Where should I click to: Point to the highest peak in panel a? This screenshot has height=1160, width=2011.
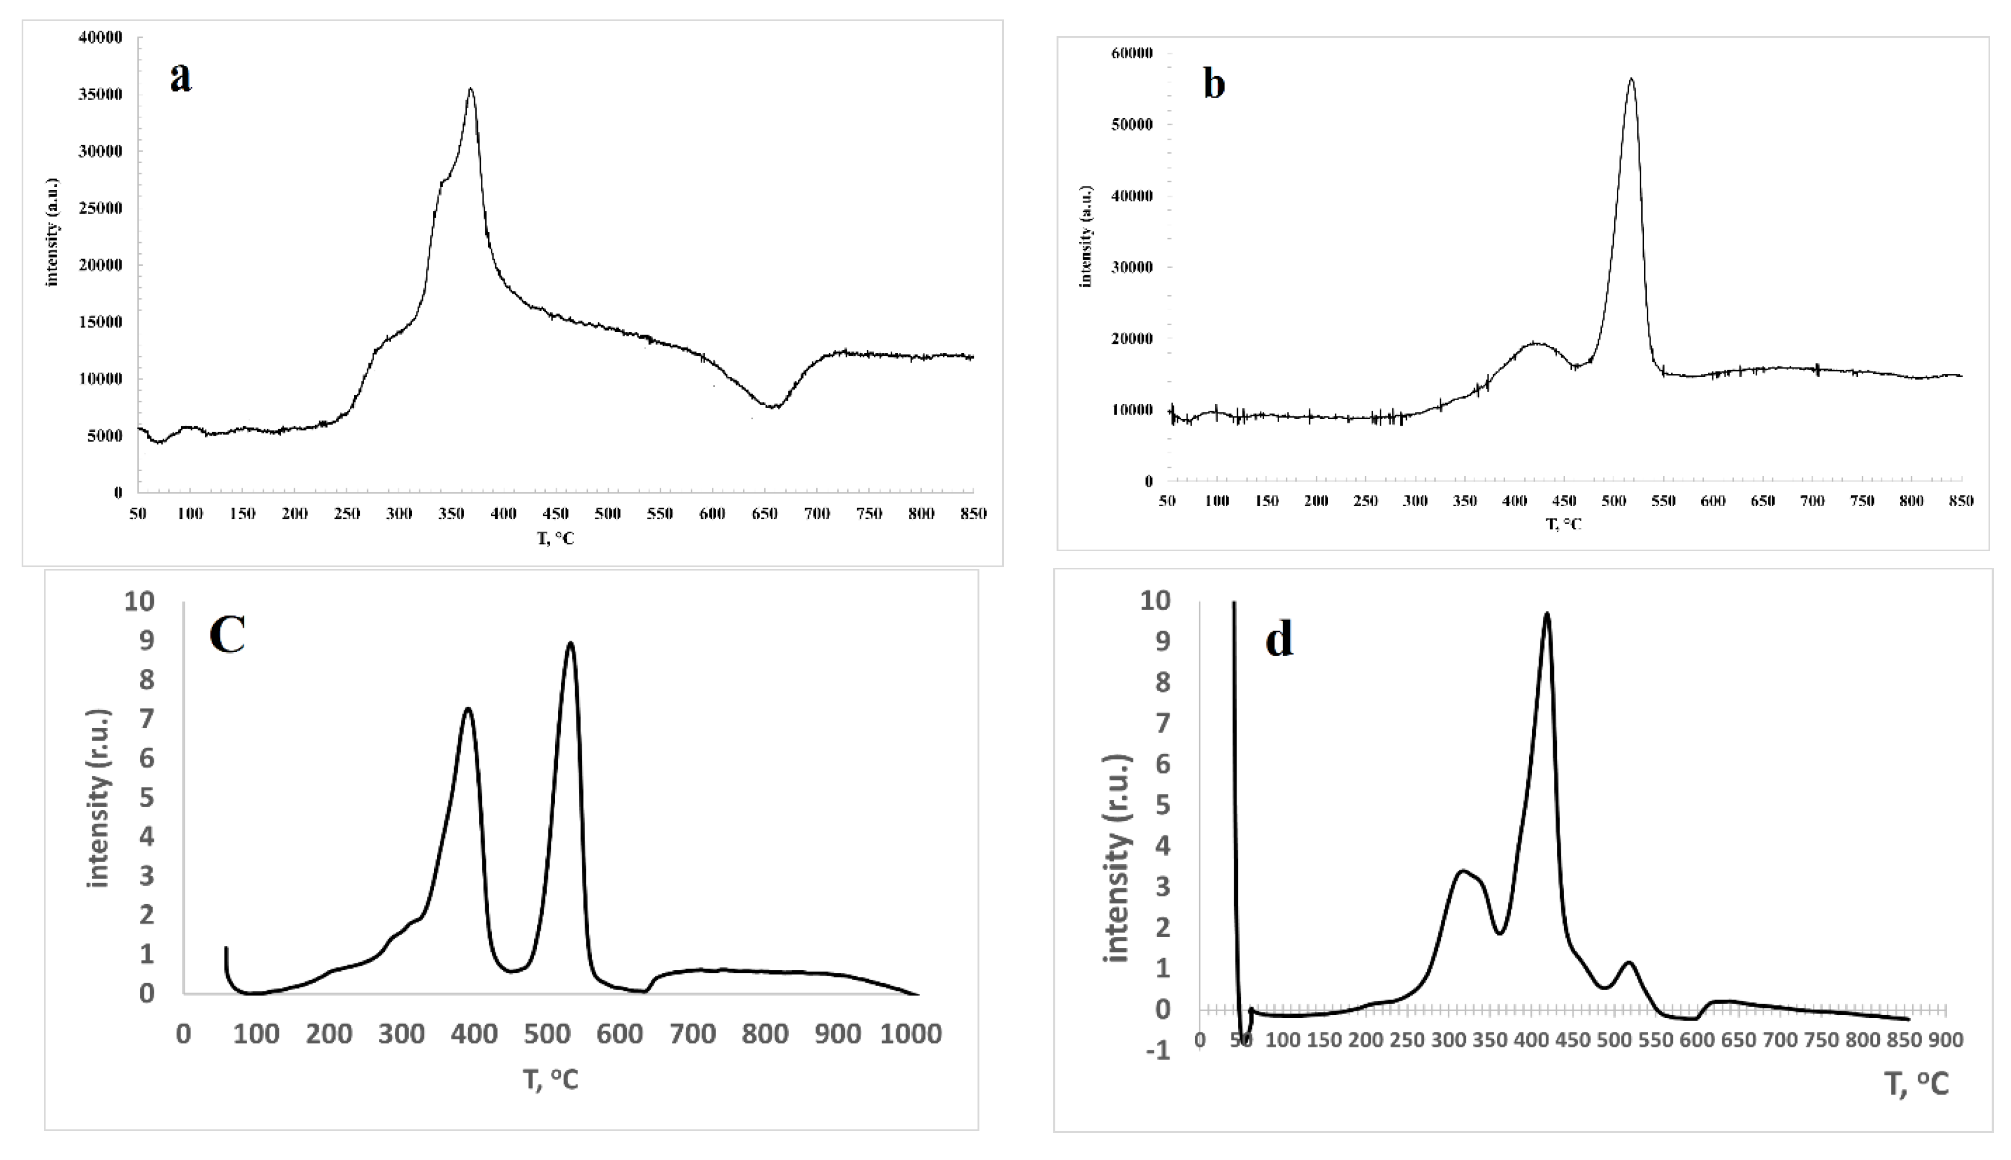coord(471,89)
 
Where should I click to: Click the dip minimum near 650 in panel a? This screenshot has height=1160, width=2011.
coord(772,406)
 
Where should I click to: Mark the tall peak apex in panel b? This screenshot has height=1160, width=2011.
coord(1631,79)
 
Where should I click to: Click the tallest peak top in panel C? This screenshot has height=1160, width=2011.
coord(570,643)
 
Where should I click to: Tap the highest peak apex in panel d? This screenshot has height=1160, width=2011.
coord(1546,613)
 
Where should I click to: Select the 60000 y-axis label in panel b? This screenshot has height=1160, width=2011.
coord(1132,53)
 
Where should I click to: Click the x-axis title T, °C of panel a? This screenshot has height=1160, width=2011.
coord(555,538)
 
